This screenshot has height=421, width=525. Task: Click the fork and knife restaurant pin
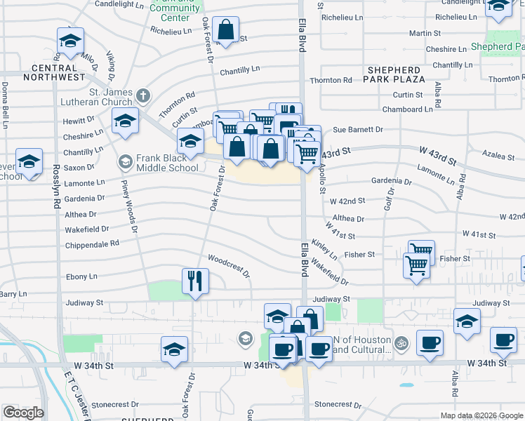(x=195, y=281)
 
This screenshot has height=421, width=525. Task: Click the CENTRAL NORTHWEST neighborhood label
(x=44, y=73)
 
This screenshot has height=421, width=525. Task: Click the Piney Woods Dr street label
(x=131, y=206)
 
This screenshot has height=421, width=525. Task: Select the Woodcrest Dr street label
(x=229, y=266)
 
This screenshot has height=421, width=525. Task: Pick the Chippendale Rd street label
(x=92, y=243)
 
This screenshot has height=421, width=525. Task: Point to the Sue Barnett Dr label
(x=358, y=130)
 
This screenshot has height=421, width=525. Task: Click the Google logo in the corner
(x=23, y=413)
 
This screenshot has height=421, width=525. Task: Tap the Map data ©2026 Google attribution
(x=481, y=415)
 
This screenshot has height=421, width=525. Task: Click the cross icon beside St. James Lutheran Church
(x=143, y=95)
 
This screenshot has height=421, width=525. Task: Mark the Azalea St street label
(x=499, y=156)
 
